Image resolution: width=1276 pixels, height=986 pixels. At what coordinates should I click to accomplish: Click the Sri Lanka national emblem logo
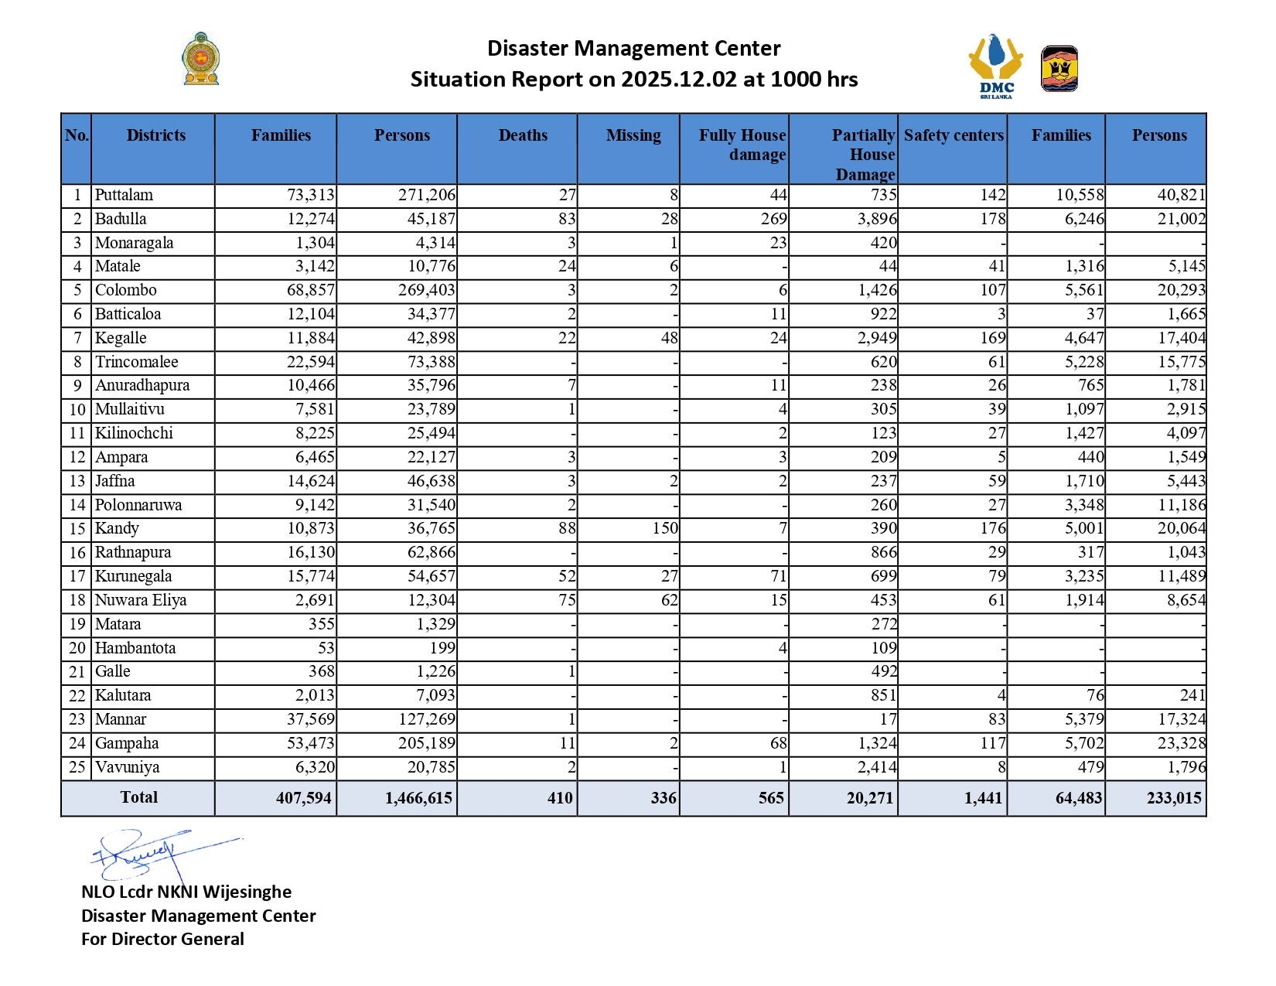201,59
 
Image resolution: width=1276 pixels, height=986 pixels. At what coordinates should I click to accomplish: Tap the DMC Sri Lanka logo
996,67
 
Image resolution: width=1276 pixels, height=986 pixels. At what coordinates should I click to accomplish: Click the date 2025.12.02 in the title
679,80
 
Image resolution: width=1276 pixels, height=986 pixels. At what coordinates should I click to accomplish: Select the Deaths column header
523,135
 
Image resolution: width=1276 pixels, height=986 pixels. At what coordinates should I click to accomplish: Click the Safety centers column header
954,135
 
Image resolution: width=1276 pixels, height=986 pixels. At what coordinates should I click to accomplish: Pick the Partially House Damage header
863,155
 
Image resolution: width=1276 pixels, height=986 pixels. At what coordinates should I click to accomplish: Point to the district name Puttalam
124,195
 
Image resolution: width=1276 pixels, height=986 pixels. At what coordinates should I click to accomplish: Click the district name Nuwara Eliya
141,600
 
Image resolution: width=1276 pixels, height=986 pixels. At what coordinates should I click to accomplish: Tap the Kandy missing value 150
665,528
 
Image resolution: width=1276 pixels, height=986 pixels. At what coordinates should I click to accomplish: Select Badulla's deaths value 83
567,219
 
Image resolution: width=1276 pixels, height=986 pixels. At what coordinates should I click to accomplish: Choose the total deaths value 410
560,798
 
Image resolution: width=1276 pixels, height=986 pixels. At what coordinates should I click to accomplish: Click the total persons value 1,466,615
418,798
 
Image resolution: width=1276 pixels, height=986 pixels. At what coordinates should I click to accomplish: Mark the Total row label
139,797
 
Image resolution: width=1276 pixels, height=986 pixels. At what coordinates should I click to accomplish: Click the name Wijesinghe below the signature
247,892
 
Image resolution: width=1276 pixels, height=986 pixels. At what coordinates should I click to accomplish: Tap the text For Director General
162,939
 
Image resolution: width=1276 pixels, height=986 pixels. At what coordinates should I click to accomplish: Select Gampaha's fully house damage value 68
778,743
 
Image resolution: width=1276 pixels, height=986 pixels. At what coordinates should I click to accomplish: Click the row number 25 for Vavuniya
77,767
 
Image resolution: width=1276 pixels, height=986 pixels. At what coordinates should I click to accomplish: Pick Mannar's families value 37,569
311,719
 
